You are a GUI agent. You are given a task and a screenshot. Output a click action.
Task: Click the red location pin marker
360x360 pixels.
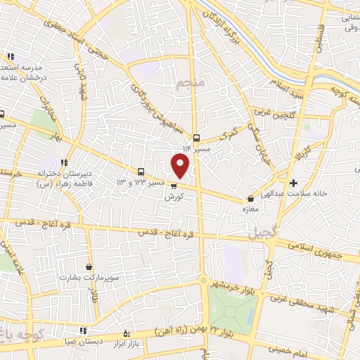pos(181,165)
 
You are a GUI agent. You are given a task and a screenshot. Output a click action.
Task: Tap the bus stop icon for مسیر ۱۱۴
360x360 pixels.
pos(196,138)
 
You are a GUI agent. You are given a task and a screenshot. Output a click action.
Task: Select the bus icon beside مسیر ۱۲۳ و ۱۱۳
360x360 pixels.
pos(141,172)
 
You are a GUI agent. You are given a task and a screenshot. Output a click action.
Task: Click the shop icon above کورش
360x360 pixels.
pos(174,186)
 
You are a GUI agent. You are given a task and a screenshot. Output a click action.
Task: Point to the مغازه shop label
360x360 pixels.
pos(252,210)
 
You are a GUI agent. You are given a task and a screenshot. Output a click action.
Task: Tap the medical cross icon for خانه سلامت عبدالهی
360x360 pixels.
pos(293,183)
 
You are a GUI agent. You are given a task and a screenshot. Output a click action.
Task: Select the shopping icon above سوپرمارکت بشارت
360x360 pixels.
pos(89,266)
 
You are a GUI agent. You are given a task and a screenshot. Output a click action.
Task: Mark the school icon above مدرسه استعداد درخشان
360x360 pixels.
pos(11,57)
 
